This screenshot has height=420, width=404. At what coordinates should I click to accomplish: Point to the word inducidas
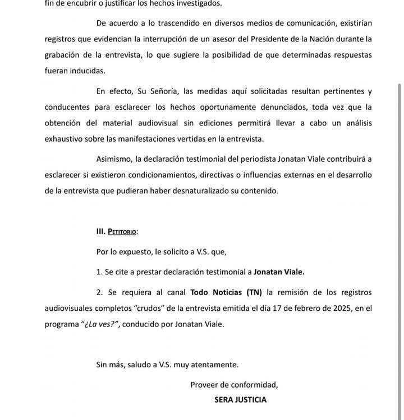pyautogui.click(x=88, y=71)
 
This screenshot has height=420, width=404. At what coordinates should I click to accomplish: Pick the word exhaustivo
pyautogui.click(x=63, y=138)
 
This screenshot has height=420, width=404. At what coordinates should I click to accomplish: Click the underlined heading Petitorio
pyautogui.click(x=122, y=231)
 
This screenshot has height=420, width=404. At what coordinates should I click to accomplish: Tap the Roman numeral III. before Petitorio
pyautogui.click(x=101, y=231)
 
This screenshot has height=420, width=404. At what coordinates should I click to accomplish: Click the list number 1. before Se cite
pyautogui.click(x=100, y=272)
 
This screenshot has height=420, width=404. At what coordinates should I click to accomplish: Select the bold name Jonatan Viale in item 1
pyautogui.click(x=279, y=272)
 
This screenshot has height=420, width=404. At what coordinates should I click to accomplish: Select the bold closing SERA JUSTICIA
pyautogui.click(x=240, y=400)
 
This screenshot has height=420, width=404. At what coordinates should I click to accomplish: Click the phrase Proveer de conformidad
pyautogui.click(x=234, y=385)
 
